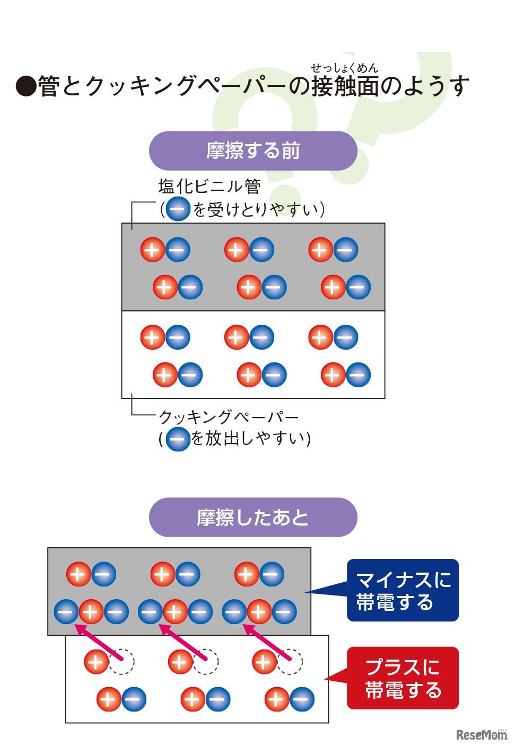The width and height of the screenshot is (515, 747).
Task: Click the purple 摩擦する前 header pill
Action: click(x=253, y=151)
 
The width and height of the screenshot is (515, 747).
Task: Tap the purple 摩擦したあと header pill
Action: click(x=253, y=517)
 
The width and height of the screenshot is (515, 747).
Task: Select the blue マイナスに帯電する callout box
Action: click(x=403, y=590)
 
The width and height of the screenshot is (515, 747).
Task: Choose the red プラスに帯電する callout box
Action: click(x=403, y=678)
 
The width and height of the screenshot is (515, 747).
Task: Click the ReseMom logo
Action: click(x=481, y=734)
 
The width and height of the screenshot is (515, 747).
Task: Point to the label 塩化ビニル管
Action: click(x=210, y=186)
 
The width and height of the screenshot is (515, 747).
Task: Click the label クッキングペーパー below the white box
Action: click(x=229, y=417)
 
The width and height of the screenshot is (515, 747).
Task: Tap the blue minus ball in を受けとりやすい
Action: click(x=178, y=209)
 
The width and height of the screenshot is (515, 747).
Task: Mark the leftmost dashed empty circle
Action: click(x=122, y=662)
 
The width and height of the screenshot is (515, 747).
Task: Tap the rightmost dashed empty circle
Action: click(x=290, y=662)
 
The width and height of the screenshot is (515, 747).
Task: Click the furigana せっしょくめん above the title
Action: click(x=344, y=68)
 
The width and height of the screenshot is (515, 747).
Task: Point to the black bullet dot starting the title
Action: click(x=25, y=86)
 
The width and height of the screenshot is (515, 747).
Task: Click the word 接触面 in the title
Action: click(x=345, y=86)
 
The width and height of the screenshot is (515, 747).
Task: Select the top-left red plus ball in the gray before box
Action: click(x=153, y=250)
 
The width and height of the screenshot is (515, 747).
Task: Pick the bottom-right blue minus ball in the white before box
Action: click(x=358, y=375)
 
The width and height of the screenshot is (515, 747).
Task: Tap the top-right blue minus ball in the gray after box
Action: click(x=272, y=574)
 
